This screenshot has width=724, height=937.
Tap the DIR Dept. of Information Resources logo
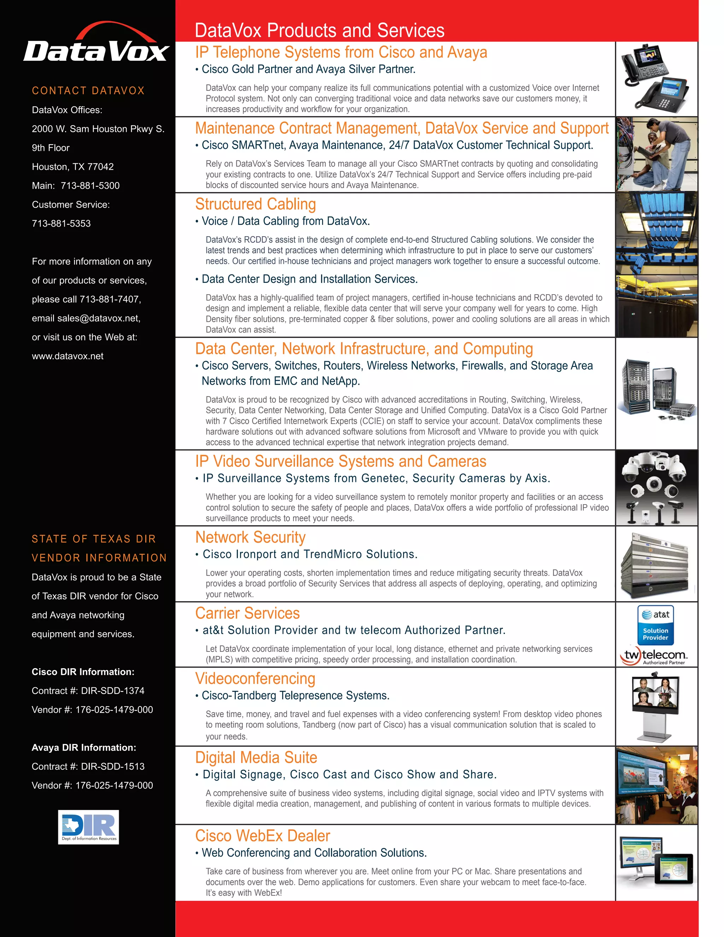point(88,827)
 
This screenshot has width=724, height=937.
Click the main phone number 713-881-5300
point(90,186)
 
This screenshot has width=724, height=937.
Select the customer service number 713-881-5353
point(61,223)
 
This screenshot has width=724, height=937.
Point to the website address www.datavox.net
point(68,356)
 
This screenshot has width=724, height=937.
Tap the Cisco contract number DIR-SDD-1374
point(113,691)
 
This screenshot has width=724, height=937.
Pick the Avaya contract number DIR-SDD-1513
point(113,766)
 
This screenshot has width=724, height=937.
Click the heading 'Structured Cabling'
point(256,204)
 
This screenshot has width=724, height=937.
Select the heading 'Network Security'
point(251,537)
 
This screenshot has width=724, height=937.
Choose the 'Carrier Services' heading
point(247,613)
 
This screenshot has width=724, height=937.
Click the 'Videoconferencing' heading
point(255,678)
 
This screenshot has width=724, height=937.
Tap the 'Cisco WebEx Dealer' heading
point(263,836)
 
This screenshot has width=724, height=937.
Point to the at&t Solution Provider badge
point(655,625)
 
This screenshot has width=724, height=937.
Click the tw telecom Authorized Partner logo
point(653,656)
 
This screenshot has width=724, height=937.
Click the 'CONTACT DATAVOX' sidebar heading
point(88,91)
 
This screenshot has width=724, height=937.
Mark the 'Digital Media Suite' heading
point(256,758)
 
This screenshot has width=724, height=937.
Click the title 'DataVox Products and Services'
point(320,30)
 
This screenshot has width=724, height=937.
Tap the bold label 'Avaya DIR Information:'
point(84,747)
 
